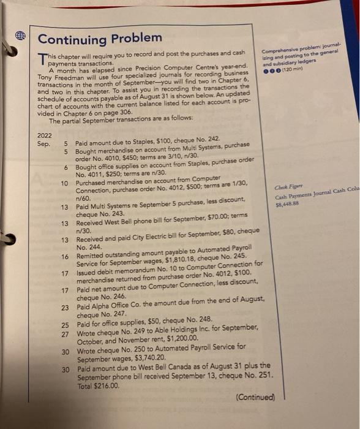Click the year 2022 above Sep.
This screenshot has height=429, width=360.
pyautogui.click(x=44, y=135)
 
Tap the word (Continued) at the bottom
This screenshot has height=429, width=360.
pyautogui.click(x=255, y=397)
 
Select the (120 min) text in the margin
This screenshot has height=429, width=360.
pyautogui.click(x=292, y=70)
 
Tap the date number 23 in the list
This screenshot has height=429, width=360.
pyautogui.click(x=64, y=307)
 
